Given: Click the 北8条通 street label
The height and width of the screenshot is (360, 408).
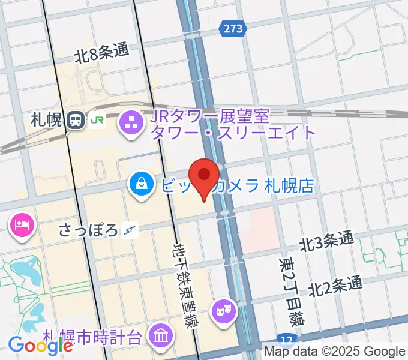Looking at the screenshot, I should (x=101, y=55).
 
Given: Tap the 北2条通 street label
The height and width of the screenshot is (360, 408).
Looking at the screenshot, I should (x=336, y=285).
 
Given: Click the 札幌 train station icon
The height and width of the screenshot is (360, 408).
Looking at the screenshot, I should (x=76, y=120).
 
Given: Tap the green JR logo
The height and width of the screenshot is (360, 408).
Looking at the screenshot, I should (x=97, y=120).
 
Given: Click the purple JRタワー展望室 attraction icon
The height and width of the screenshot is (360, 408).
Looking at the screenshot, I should (x=130, y=124).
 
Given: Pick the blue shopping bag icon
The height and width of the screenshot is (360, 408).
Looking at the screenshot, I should (x=140, y=184).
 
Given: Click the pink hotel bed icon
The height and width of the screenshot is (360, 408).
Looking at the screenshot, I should (x=22, y=226).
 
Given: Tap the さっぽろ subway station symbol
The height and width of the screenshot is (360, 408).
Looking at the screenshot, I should (x=130, y=229).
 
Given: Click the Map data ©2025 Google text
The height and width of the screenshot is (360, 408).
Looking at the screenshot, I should (x=335, y=352).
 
